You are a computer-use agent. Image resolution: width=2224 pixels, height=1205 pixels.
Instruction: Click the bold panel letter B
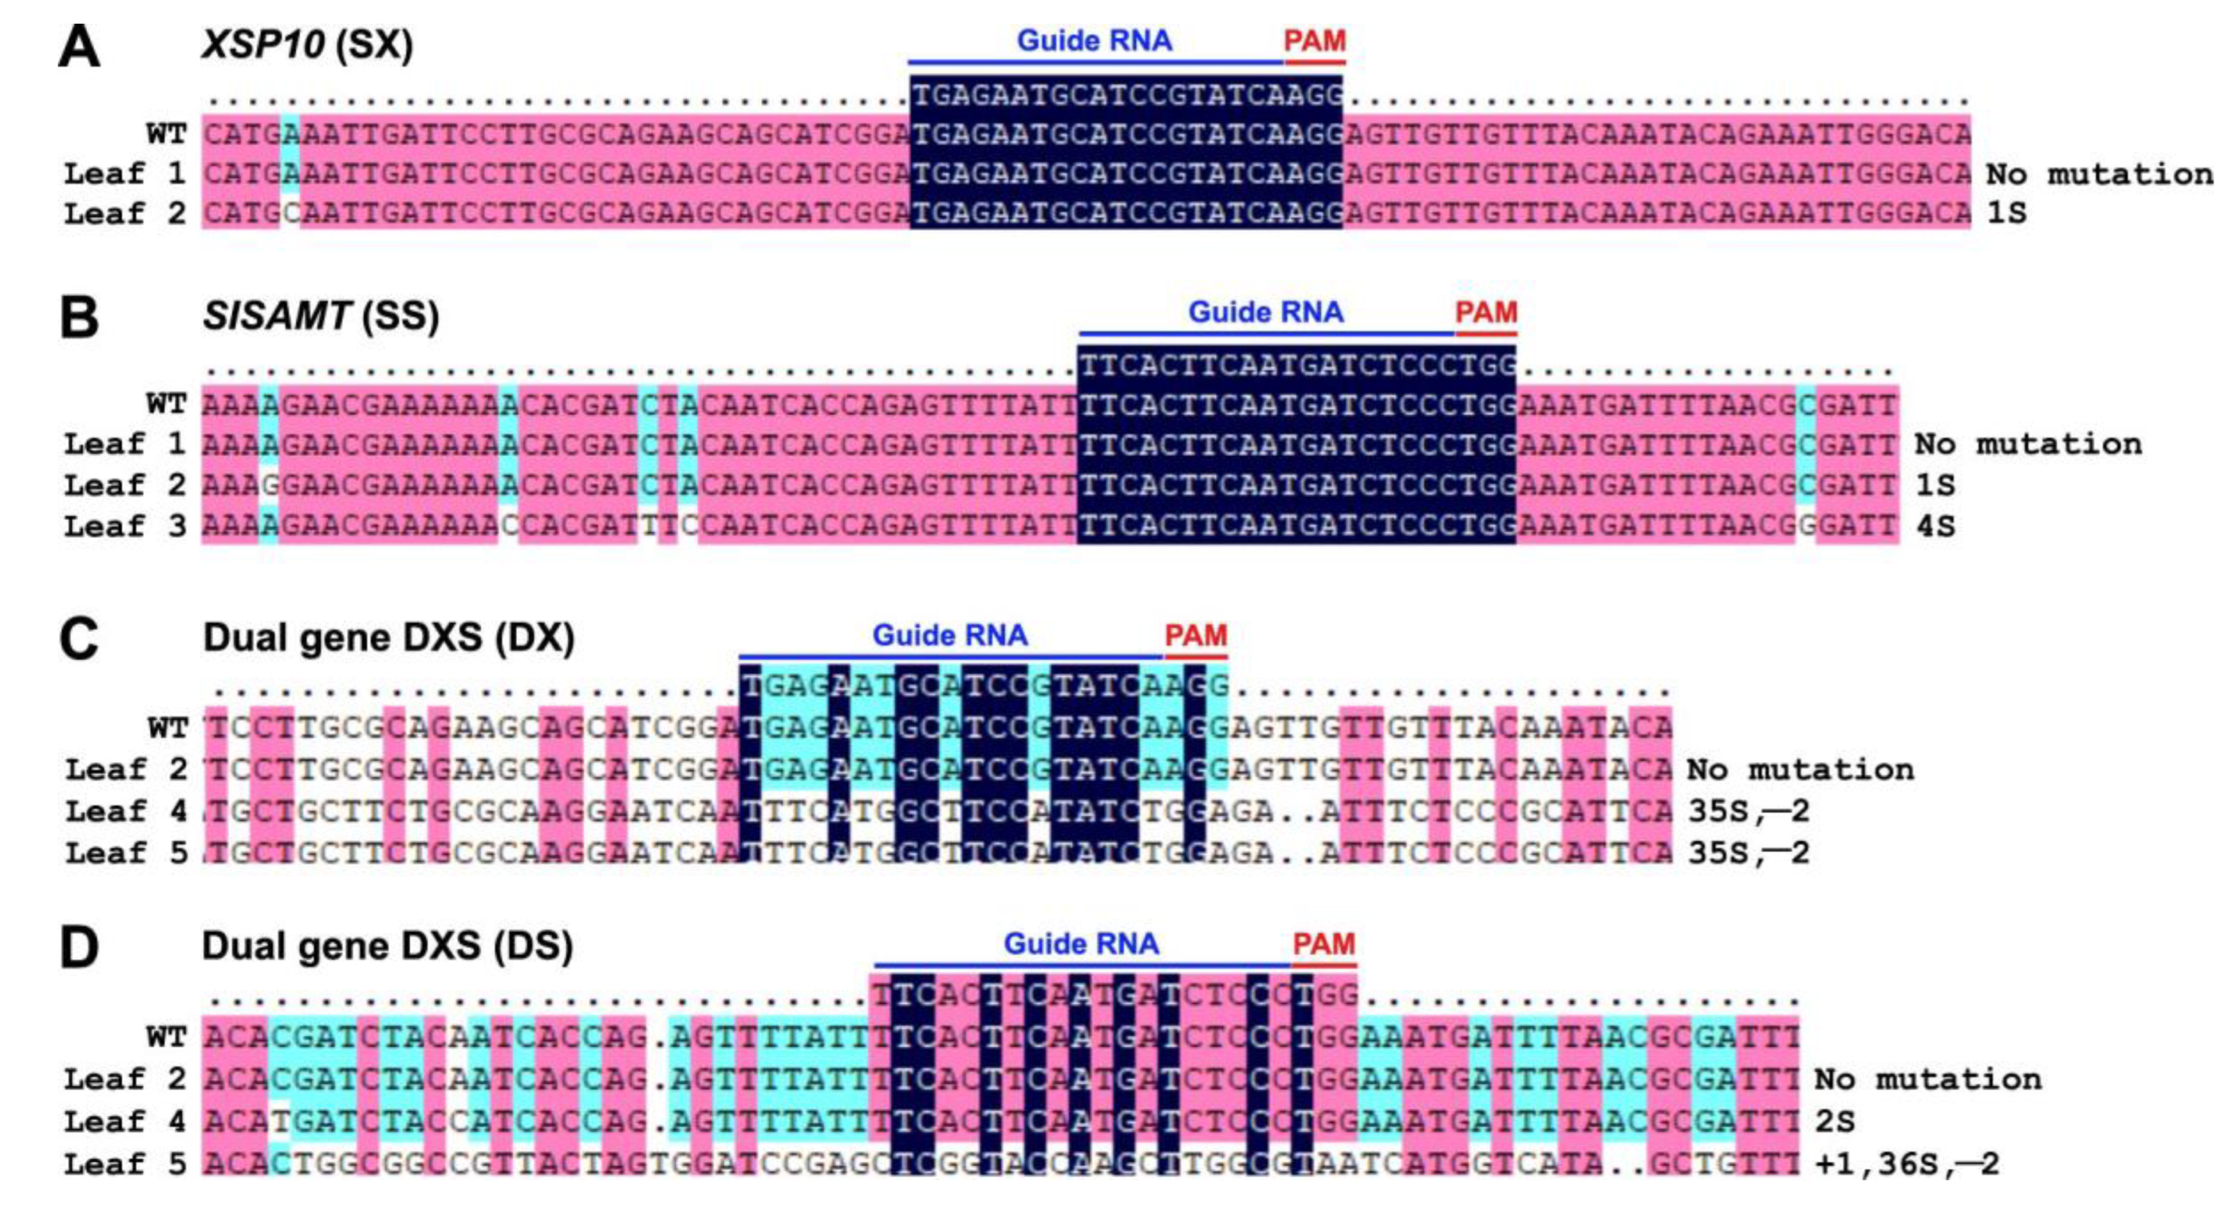tap(79, 317)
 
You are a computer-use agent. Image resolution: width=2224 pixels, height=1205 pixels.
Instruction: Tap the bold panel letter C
tap(79, 640)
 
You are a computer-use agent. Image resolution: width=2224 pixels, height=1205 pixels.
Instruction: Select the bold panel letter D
tap(79, 947)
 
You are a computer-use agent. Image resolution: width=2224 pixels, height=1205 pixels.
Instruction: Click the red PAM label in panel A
tap(1314, 40)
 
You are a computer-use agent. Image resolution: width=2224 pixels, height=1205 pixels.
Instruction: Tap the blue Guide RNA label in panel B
tap(1265, 312)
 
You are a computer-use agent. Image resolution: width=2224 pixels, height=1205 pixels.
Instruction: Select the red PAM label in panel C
tap(1195, 636)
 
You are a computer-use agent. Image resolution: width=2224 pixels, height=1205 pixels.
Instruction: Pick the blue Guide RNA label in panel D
tap(1081, 943)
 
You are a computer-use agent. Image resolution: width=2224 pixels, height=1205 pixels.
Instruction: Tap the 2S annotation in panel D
tap(1835, 1121)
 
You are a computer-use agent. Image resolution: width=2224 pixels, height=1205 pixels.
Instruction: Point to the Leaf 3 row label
tap(125, 526)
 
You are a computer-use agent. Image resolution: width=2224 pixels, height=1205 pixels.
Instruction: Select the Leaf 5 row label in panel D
tap(125, 1163)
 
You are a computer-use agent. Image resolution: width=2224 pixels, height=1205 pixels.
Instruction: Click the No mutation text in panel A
tap(2099, 173)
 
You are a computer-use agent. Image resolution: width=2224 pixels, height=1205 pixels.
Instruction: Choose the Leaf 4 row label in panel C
tap(126, 810)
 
